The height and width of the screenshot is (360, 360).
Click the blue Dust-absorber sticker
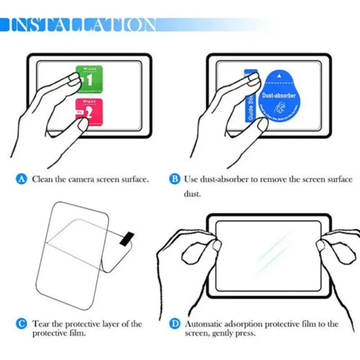point(279,96)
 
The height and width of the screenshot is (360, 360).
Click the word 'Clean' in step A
point(42,179)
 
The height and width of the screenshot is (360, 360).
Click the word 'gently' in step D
point(221,333)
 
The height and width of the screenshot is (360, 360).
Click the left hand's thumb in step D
point(216,245)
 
